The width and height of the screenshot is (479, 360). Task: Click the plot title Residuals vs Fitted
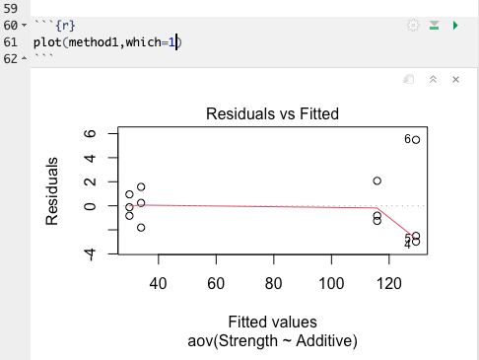coord(272,114)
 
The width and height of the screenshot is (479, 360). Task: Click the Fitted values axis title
coord(272,323)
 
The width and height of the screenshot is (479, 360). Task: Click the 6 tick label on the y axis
coord(90,134)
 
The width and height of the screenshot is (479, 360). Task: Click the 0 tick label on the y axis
coord(90,206)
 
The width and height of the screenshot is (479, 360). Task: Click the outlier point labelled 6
coord(416,140)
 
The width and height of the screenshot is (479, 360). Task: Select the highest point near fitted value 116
coord(376,180)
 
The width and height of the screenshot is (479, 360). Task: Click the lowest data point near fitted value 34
coord(141,228)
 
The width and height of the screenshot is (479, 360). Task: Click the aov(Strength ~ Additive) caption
coord(272,341)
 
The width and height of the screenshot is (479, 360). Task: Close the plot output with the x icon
coord(455,79)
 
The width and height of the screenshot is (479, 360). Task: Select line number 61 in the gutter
coord(11,42)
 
